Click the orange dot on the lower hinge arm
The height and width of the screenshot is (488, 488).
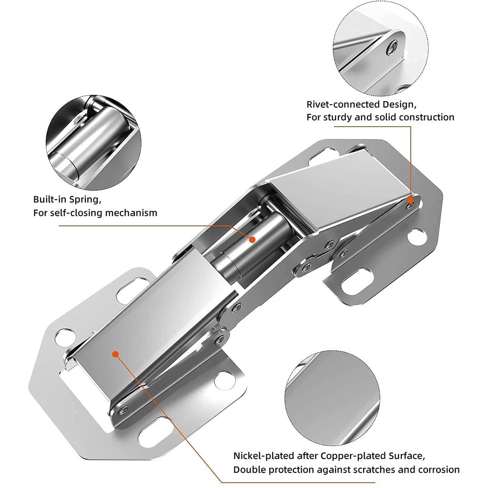(x=114, y=354)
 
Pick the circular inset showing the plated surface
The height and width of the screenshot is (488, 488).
(x=332, y=393)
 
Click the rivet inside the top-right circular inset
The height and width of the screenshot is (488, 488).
(x=392, y=46)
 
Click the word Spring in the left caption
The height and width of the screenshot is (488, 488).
(x=88, y=199)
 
